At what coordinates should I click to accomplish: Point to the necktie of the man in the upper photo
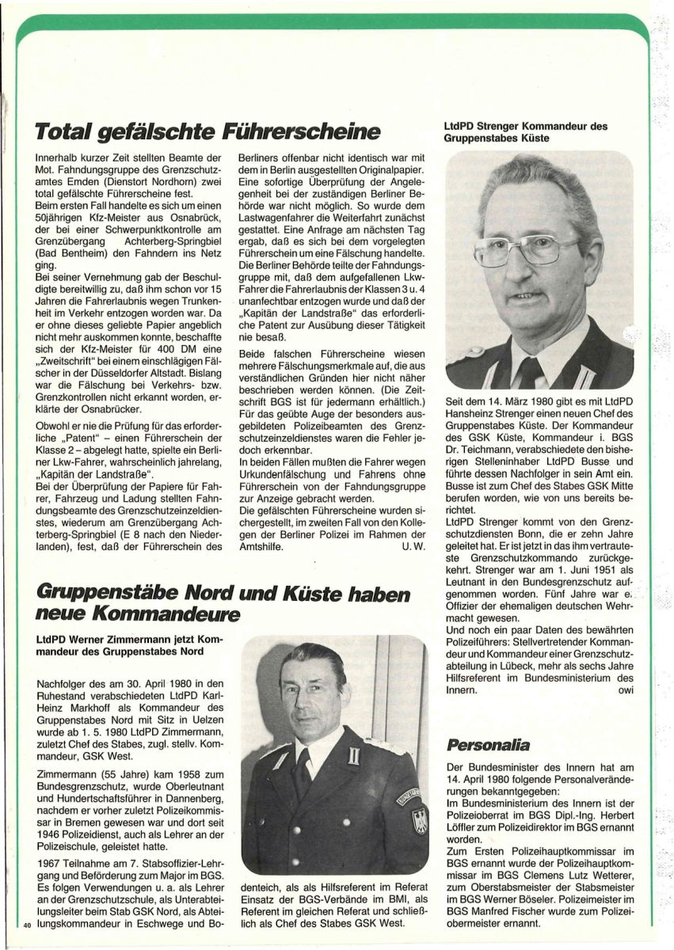coord(530,372)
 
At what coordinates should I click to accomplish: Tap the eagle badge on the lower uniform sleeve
coord(419,820)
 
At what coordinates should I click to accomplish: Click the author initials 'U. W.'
coord(415,568)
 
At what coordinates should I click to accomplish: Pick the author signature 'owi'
coord(623,690)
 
